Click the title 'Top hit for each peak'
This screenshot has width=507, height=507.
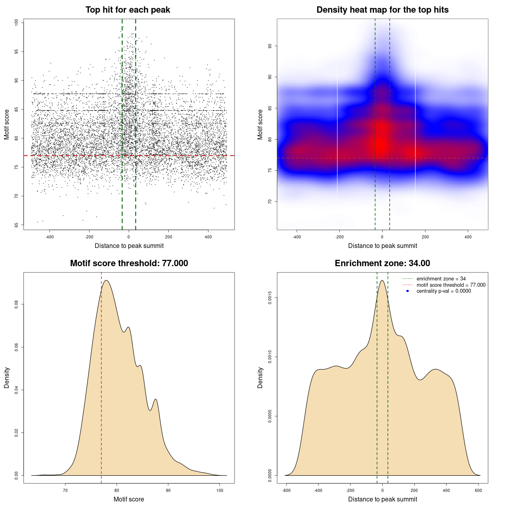(128, 10)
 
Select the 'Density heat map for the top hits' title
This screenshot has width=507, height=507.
(382, 10)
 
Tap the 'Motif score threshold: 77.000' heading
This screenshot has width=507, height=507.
(129, 263)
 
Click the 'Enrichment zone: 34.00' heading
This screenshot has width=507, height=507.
(382, 263)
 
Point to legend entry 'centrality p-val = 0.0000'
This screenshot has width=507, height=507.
(444, 291)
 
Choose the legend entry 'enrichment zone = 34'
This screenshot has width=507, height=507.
(441, 279)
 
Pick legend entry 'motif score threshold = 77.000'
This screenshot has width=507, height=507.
(451, 285)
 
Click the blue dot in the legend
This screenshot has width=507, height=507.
(408, 291)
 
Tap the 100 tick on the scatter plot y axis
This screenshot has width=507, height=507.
(17, 23)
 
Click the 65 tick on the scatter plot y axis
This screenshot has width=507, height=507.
(17, 225)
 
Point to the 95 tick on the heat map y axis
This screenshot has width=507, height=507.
(270, 46)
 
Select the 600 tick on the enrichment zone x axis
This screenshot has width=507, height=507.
(478, 490)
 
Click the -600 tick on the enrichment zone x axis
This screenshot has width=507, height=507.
(286, 490)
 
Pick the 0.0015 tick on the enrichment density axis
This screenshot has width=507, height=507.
(270, 298)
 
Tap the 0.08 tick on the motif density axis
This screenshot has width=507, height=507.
(17, 304)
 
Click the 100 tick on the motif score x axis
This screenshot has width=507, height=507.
(220, 490)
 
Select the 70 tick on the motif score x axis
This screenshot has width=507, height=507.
(65, 490)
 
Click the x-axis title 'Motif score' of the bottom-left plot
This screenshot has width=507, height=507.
(129, 499)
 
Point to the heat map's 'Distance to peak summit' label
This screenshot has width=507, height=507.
(382, 246)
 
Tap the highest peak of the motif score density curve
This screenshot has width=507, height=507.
(106, 280)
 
